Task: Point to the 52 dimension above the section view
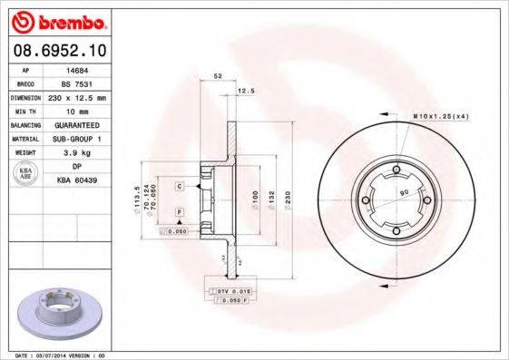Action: tap(218, 75)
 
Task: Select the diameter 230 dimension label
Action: tap(288, 199)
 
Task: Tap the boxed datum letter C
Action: tap(181, 186)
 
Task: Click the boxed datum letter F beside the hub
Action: tap(181, 211)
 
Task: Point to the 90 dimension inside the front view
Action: tap(405, 193)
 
